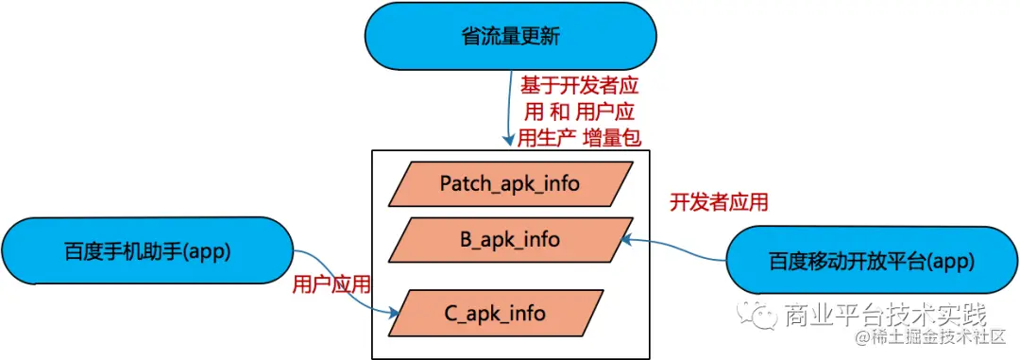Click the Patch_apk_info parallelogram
tap(509, 183)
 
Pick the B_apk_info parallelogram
tap(509, 240)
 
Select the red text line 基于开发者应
tap(580, 86)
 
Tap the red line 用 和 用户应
tap(580, 112)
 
